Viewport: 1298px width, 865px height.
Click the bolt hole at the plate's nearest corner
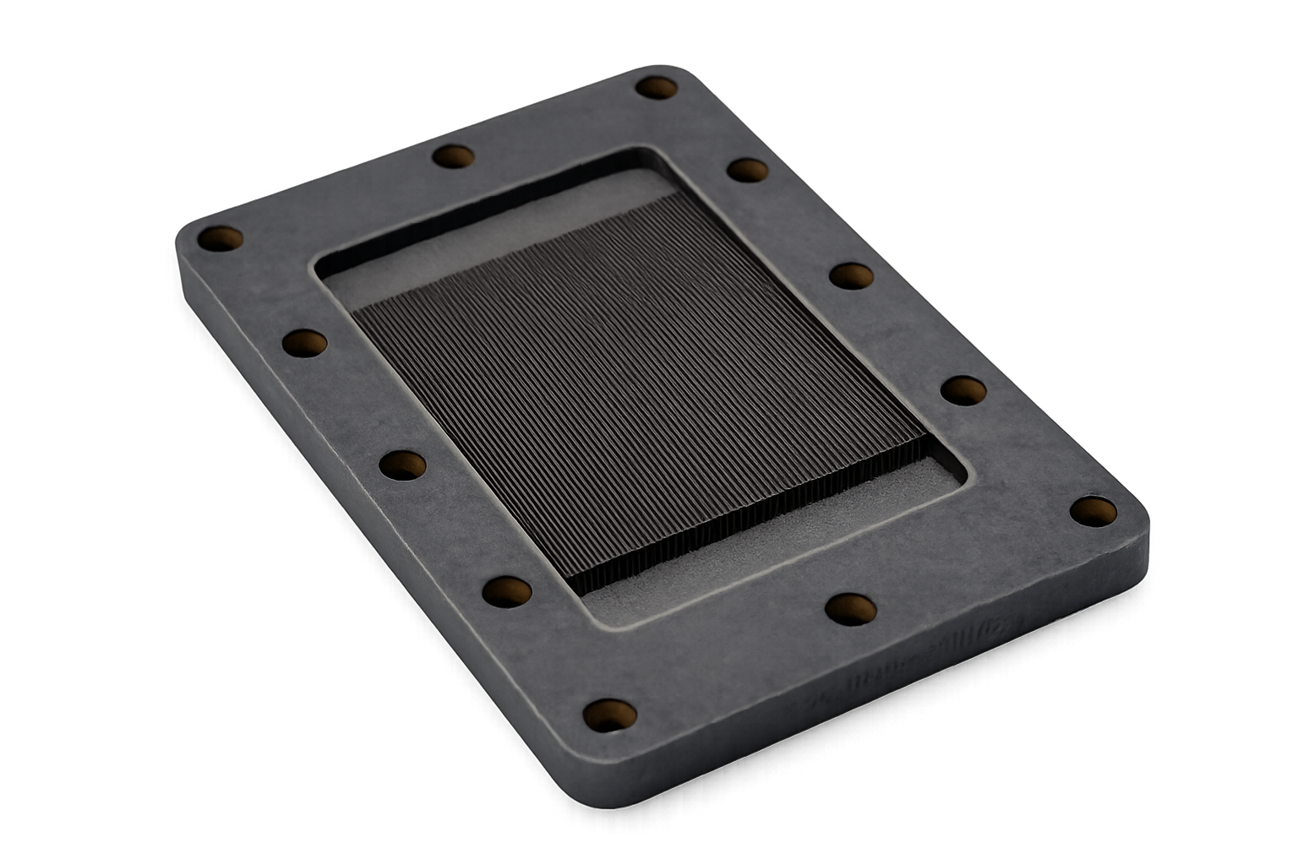click(610, 715)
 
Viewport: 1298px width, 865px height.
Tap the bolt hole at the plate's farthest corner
click(656, 87)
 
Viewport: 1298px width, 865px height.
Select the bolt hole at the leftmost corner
click(220, 238)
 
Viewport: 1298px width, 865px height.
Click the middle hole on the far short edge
click(453, 156)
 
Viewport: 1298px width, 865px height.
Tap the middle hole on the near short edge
click(850, 608)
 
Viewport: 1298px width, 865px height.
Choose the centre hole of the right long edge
click(850, 275)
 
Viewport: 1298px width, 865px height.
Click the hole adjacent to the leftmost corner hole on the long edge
click(304, 342)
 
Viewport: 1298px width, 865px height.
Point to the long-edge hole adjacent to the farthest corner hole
click(748, 170)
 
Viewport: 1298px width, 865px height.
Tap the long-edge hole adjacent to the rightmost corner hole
click(963, 390)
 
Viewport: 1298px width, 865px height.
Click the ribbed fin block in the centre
click(634, 380)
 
